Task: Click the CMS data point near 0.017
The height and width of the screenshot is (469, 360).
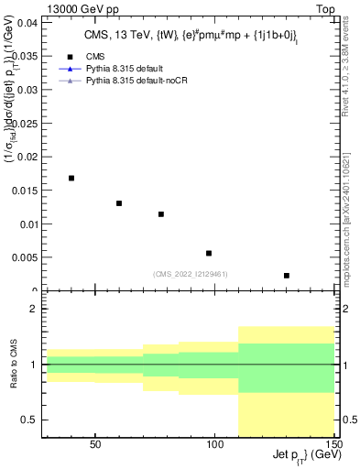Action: click(x=71, y=178)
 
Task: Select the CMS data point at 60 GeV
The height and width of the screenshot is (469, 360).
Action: click(x=119, y=203)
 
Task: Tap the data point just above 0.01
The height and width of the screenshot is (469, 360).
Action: click(x=161, y=214)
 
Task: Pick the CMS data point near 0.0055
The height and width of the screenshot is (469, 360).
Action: click(x=209, y=253)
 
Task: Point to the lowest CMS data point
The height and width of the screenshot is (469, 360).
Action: click(x=287, y=276)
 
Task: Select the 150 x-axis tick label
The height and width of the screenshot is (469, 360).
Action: click(x=334, y=444)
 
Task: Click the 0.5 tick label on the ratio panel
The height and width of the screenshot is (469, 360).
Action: click(x=28, y=420)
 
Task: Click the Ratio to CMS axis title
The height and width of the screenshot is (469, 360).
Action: click(x=14, y=364)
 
